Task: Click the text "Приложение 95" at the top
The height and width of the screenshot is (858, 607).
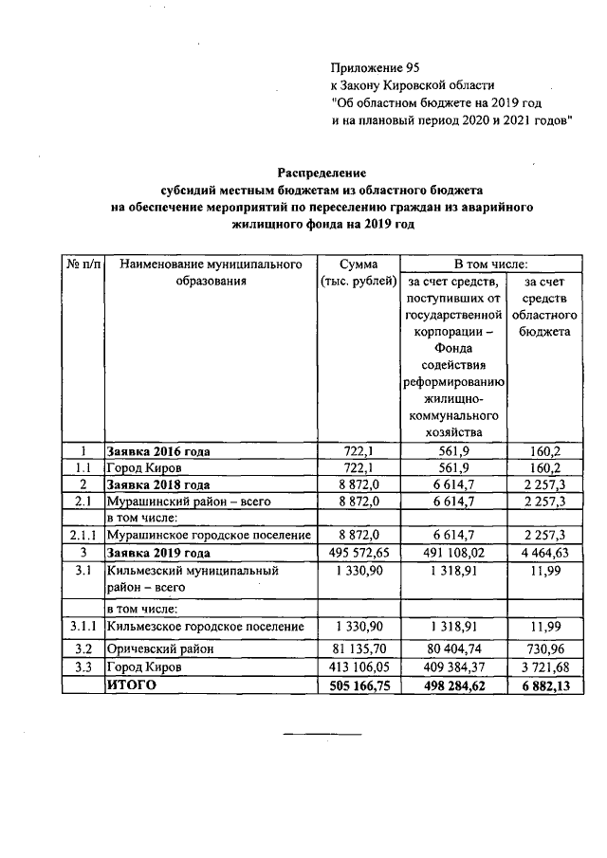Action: pyautogui.click(x=375, y=67)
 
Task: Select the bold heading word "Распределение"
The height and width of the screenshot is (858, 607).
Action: pyautogui.click(x=322, y=173)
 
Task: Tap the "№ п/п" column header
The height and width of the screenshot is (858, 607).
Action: pyautogui.click(x=83, y=263)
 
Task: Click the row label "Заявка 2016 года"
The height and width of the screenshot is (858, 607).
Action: pyautogui.click(x=157, y=451)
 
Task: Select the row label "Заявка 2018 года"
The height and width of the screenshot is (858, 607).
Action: pyautogui.click(x=157, y=484)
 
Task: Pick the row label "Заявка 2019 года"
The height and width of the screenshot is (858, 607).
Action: pyautogui.click(x=157, y=552)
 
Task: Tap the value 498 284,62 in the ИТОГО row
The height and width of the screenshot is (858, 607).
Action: pyautogui.click(x=454, y=685)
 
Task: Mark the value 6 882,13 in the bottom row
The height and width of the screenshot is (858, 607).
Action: pyautogui.click(x=544, y=685)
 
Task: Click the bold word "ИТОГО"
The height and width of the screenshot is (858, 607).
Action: pyautogui.click(x=131, y=685)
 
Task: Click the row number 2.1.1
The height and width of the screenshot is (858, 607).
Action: pyautogui.click(x=83, y=536)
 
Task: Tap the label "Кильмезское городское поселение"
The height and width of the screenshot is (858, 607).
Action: pyautogui.click(x=204, y=626)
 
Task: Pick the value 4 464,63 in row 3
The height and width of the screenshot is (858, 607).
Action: pyautogui.click(x=544, y=552)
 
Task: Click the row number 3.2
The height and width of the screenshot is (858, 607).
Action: pyautogui.click(x=83, y=649)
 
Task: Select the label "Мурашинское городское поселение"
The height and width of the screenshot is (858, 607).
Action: pyautogui.click(x=204, y=536)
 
